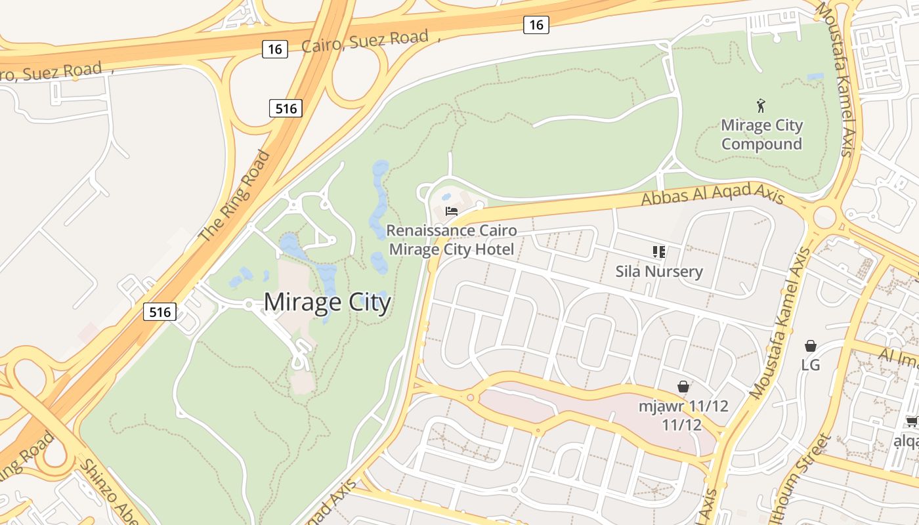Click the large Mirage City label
point(327,302)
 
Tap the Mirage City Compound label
point(761,135)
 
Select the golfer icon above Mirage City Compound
point(761,105)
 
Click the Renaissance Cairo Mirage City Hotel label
point(452,240)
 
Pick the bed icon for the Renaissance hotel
point(452,211)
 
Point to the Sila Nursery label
point(659,271)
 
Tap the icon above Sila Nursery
point(659,251)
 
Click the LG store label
point(811,365)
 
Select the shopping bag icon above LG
point(811,346)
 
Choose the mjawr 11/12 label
point(683,415)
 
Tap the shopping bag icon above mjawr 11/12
point(683,386)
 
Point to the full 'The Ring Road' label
point(235,196)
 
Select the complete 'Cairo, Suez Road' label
point(365,41)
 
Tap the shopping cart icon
point(912,421)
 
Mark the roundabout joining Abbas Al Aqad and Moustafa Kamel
point(824,216)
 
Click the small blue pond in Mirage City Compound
point(815,77)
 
